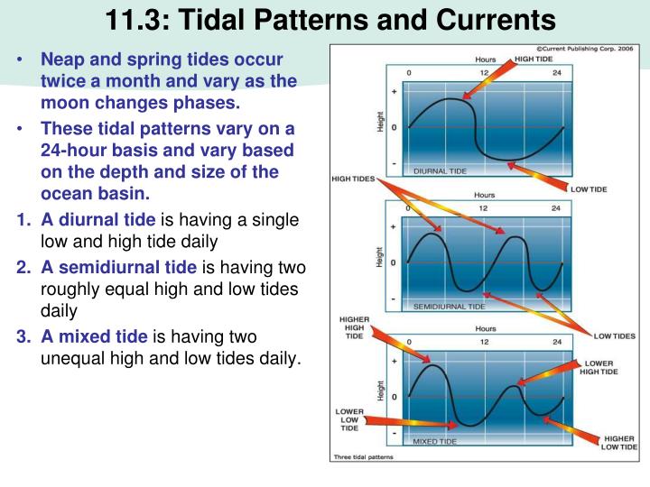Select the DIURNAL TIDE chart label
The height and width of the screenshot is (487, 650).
441,170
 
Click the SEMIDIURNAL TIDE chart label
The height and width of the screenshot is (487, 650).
449,307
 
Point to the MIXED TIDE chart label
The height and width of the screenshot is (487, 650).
434,442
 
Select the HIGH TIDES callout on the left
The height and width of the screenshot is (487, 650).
353,179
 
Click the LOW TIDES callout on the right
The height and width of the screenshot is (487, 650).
614,336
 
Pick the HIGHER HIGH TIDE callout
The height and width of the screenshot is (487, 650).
353,327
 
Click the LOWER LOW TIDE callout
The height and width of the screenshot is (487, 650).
349,419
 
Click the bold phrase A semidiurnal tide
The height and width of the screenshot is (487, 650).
119,267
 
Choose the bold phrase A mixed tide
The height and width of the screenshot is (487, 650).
95,336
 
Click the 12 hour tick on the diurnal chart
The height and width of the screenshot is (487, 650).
485,71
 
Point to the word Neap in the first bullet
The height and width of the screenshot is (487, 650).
62,60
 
